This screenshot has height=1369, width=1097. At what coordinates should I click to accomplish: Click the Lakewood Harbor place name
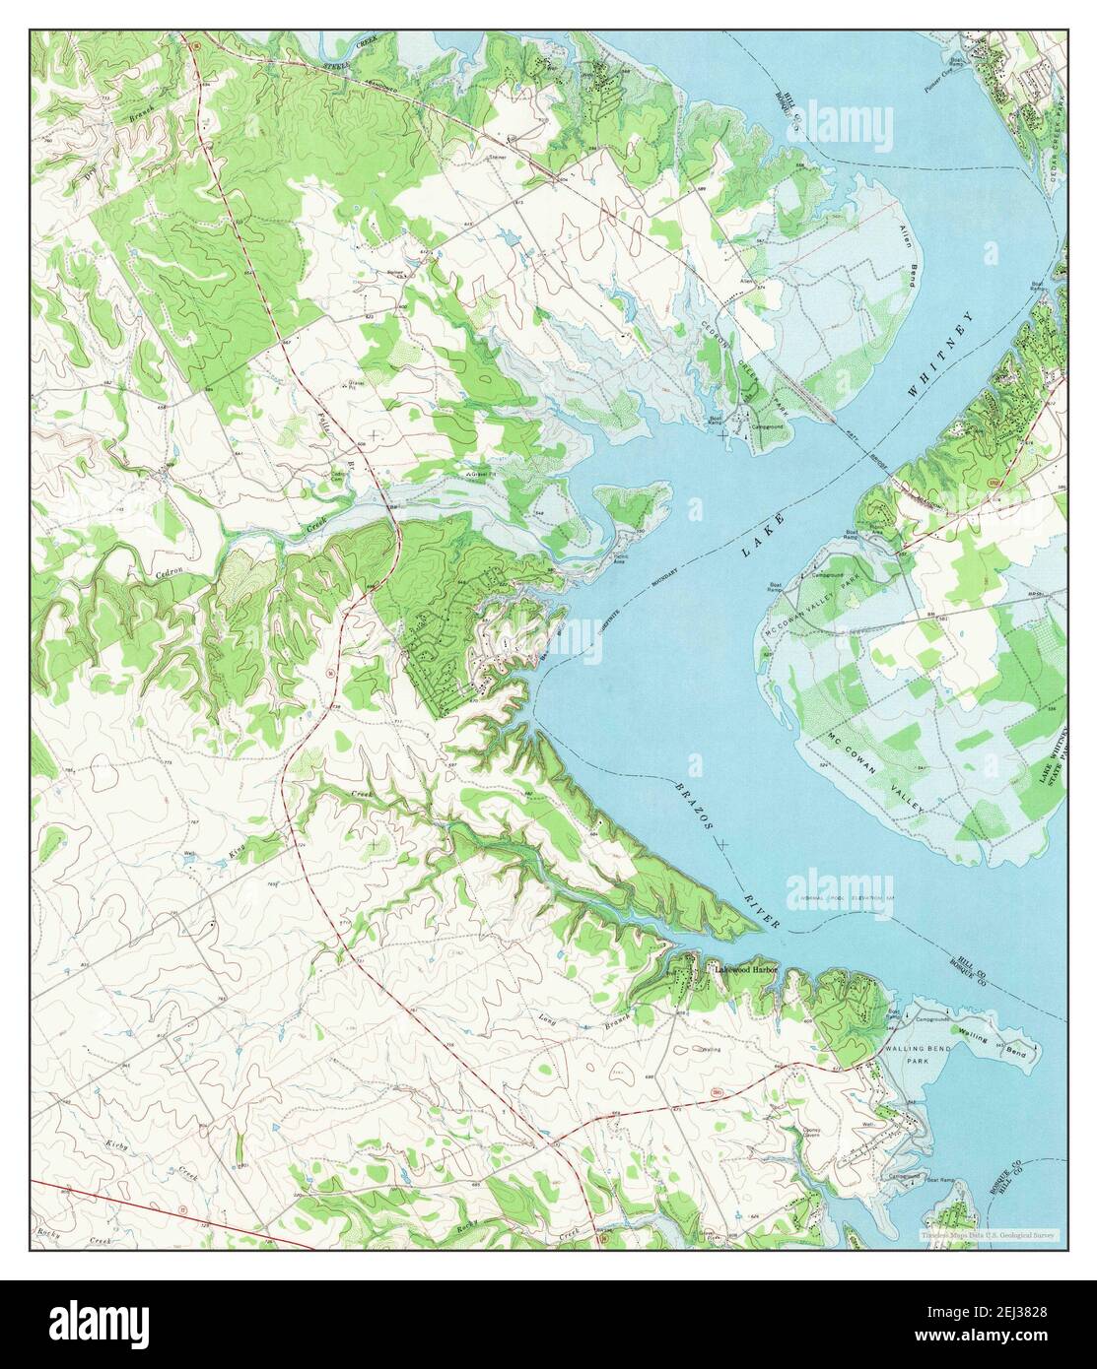[x=745, y=970]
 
